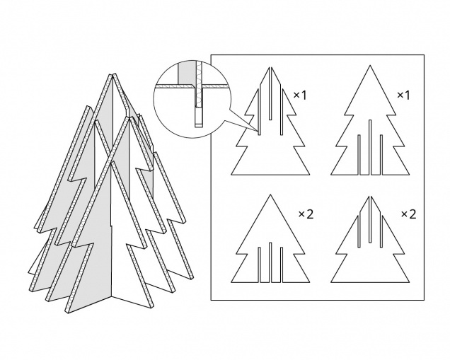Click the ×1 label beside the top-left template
300,95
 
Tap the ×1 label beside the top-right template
403,95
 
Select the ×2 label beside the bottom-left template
306,214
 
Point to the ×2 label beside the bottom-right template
409,214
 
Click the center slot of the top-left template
270,93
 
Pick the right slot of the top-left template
282,112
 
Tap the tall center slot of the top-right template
370,147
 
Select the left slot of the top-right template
359,155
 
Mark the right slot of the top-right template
381,155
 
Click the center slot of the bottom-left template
270,262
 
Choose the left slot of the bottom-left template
259,265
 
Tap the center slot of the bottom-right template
370,219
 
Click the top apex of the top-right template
370,65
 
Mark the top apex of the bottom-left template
270,194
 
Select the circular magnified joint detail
192,98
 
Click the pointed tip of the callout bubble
258,132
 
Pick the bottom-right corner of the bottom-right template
409,282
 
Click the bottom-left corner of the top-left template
231,175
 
